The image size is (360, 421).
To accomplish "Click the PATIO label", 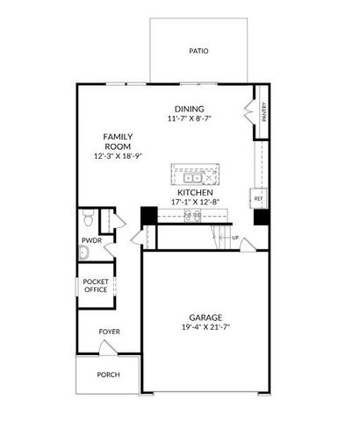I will (198, 51).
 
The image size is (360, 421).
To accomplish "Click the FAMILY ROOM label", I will (119, 141).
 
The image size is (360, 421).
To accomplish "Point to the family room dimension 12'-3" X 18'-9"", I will (119, 155).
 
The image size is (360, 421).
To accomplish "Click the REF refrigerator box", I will (259, 198).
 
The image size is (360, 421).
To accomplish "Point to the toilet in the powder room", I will (88, 217).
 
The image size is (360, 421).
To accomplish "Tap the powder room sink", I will (83, 253).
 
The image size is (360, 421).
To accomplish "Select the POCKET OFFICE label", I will (95, 285).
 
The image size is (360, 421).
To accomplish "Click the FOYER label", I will (109, 332).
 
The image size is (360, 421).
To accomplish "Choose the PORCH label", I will (108, 375).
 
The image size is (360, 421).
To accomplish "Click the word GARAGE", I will (205, 318).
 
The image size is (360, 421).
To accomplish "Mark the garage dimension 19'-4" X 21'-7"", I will (205, 328).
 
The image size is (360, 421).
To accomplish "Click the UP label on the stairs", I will (235, 238).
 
